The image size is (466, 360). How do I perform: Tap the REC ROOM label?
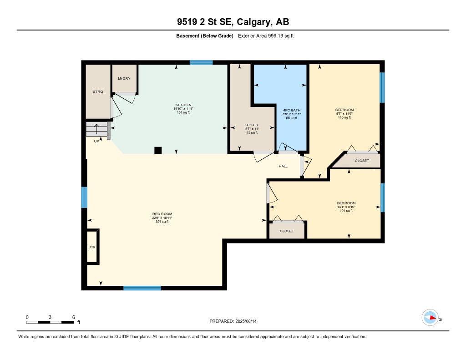(162, 214)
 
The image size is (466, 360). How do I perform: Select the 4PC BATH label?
(292, 110)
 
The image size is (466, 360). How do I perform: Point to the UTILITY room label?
(252, 125)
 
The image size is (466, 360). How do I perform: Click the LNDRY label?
(124, 79)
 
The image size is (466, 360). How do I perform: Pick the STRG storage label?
(98, 91)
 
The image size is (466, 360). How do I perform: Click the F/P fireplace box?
(92, 247)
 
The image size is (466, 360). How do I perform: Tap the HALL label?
(283, 166)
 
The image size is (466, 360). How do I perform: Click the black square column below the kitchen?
(158, 150)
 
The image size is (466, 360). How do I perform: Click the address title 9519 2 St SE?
(233, 22)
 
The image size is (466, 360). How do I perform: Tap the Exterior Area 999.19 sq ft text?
(266, 36)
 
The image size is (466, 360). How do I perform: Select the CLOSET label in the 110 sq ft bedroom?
(362, 161)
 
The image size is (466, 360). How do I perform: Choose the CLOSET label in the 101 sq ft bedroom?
(287, 231)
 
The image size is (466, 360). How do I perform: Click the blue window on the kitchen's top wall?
(201, 62)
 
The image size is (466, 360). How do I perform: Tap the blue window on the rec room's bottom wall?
(142, 288)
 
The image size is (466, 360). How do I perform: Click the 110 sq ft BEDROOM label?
(344, 110)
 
